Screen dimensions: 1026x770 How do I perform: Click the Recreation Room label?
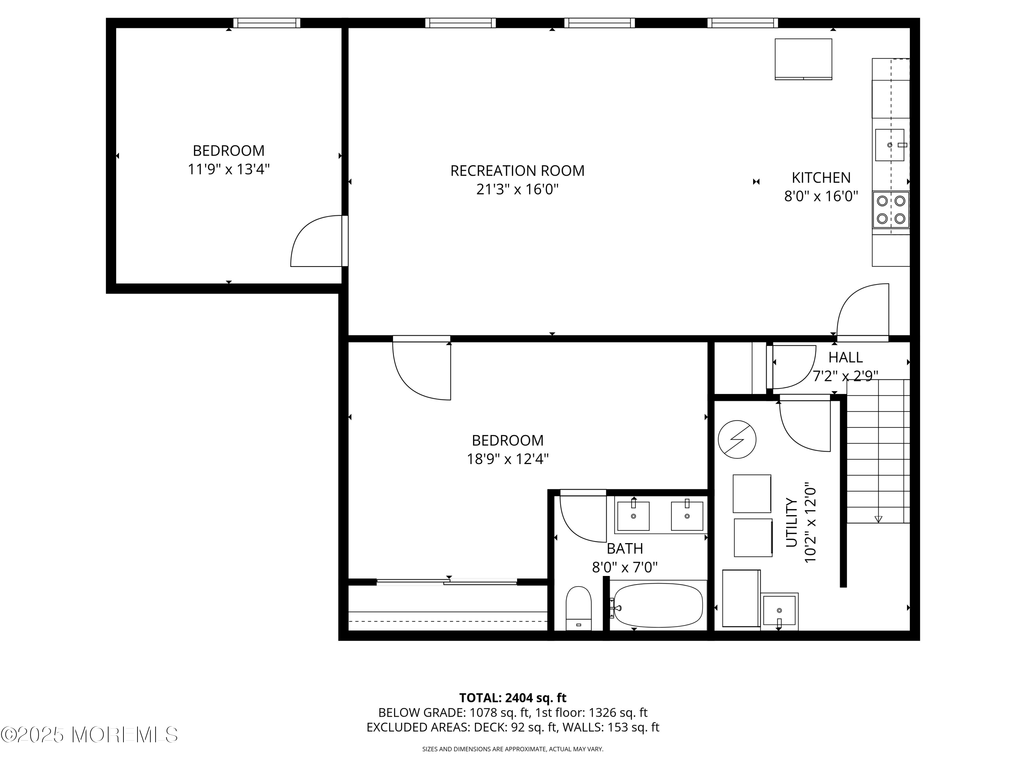[517, 171]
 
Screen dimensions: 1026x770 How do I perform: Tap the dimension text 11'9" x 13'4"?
[229, 169]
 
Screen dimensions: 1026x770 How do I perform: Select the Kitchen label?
[821, 178]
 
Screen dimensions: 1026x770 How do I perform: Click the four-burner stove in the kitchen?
[891, 210]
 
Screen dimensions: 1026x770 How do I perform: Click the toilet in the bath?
[578, 608]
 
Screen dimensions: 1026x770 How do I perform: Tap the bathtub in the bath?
[658, 606]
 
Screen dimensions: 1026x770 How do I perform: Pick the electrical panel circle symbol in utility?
[737, 439]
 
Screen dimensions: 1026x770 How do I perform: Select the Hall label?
[845, 357]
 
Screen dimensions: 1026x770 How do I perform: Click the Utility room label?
[791, 523]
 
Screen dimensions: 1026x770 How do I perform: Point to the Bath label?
[625, 549]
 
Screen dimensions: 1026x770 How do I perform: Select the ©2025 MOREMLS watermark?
[89, 734]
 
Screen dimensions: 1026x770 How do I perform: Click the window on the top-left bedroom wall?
[267, 23]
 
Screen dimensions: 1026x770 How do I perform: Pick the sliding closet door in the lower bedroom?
[447, 581]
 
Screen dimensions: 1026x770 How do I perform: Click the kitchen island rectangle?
[803, 59]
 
